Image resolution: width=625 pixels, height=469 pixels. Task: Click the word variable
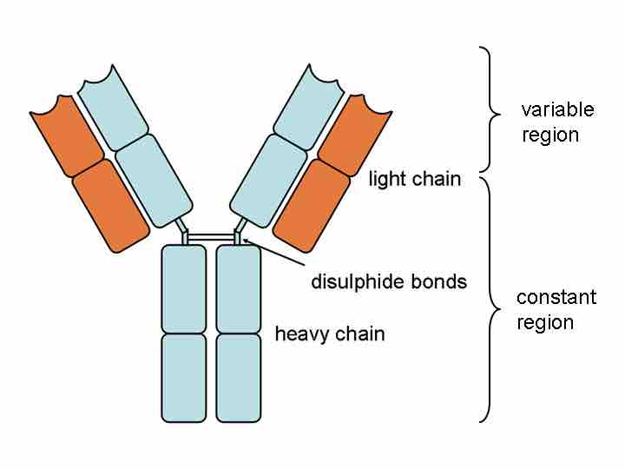pos(557,110)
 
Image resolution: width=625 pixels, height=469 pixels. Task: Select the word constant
pos(556,298)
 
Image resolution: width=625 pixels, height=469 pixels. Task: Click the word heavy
pos(299,334)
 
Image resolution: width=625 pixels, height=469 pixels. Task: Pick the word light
pos(387,181)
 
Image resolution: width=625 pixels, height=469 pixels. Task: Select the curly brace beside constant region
pos(492,300)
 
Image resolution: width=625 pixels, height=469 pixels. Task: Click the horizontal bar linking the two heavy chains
pos(211,236)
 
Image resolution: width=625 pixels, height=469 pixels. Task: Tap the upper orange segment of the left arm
pos(67,135)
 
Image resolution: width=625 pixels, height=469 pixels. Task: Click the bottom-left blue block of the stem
pos(184,378)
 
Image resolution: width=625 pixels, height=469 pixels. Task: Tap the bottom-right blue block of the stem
pos(238,378)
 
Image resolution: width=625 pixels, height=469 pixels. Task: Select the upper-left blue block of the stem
pos(184,288)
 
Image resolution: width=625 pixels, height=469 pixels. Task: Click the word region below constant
pos(545,323)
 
